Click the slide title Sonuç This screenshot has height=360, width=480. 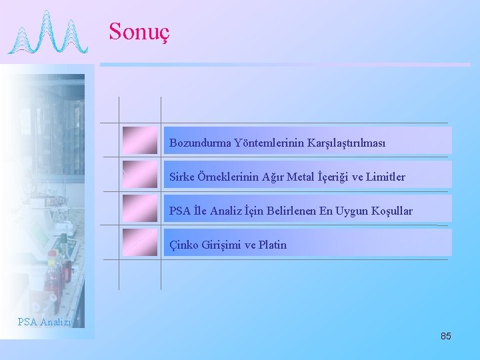[x=139, y=31]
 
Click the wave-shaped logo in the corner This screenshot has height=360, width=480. [x=47, y=33]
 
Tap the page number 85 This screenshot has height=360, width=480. [x=445, y=336]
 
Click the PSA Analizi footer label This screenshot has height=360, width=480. [x=44, y=322]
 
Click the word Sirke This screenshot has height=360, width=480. [x=182, y=177]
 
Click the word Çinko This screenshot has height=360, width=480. [x=184, y=245]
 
